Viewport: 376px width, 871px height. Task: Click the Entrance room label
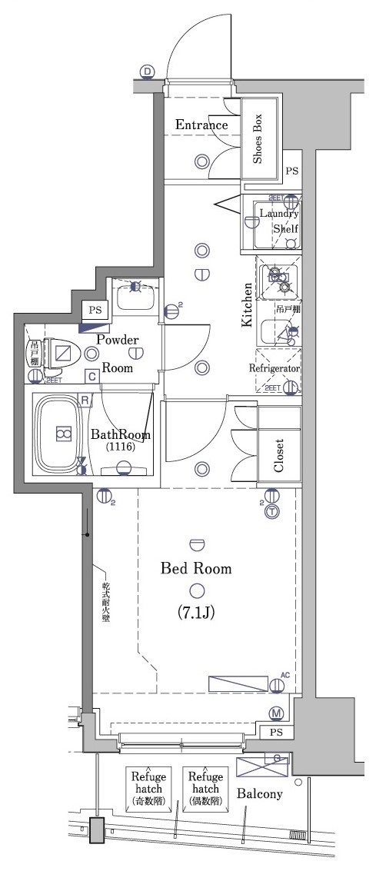(201, 125)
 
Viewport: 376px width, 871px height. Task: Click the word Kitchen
(248, 304)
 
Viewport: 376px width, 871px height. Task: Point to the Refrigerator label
(274, 368)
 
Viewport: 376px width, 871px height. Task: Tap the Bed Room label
(196, 569)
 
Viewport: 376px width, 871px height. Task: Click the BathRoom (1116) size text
(120, 447)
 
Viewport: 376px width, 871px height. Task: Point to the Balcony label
(259, 793)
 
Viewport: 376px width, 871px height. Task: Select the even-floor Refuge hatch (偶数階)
(205, 789)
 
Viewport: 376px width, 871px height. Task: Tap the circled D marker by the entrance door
(148, 72)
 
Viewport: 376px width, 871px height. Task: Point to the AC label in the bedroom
(284, 674)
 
